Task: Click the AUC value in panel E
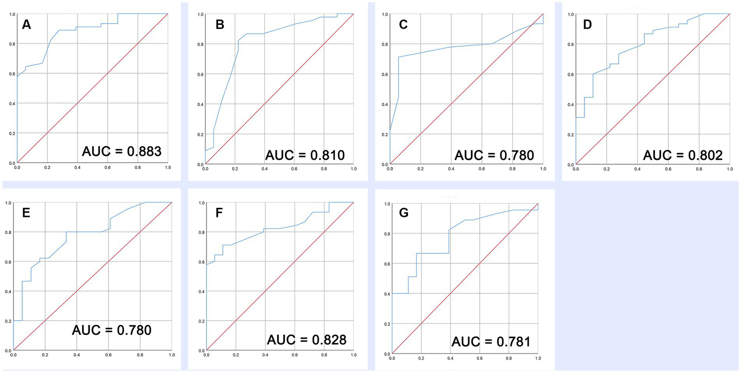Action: (112, 330)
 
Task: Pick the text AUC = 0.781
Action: (491, 342)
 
